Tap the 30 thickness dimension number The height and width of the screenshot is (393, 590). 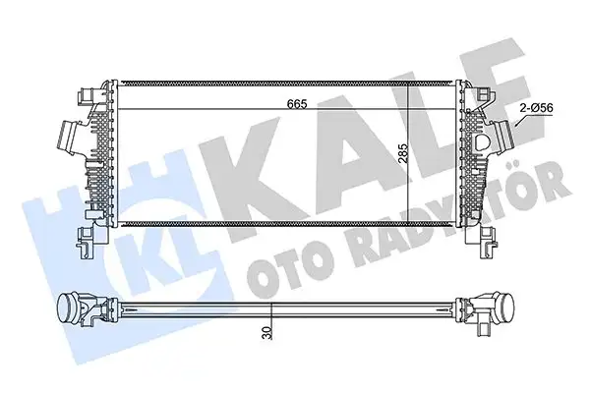[265, 335]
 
